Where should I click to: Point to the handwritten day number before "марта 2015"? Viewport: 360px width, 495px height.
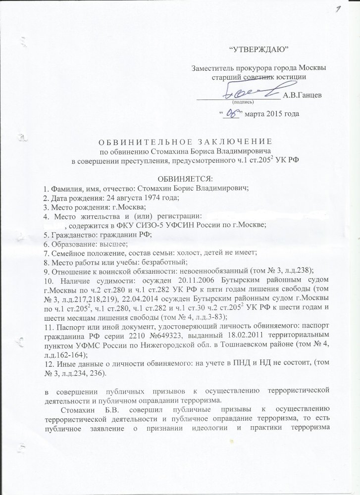pos(229,113)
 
